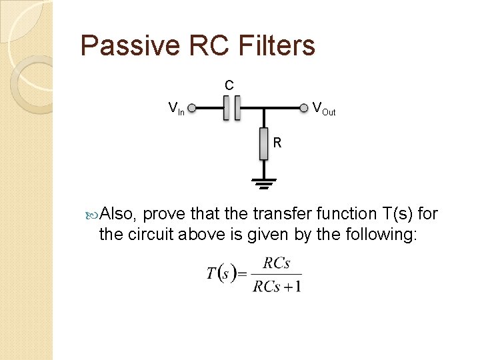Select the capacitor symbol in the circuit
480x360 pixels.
(231, 107)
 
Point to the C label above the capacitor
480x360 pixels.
(229, 85)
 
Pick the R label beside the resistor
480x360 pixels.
(277, 143)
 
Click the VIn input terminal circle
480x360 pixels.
(191, 107)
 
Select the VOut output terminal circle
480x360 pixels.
(306, 107)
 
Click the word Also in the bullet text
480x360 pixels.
(119, 214)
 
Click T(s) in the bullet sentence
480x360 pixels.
(397, 214)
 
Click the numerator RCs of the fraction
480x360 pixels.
(276, 263)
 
